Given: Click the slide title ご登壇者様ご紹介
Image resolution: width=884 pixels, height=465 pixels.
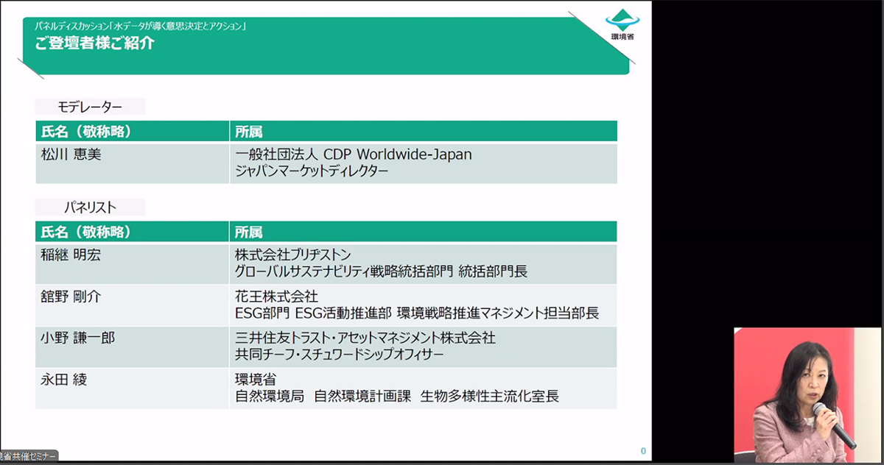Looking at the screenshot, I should tap(94, 43).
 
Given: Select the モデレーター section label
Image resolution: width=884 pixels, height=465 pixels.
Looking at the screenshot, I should tap(90, 107).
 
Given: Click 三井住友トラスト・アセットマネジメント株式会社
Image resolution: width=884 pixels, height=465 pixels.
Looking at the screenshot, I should tap(365, 338).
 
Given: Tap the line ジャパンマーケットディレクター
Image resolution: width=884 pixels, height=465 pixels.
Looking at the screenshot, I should tap(312, 171).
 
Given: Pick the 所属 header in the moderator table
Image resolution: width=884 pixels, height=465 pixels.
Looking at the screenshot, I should tap(248, 132).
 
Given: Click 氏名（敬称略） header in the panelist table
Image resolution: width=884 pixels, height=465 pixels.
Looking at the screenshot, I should tap(86, 232).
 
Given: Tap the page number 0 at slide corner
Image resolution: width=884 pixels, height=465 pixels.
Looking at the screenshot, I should tap(643, 451).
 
